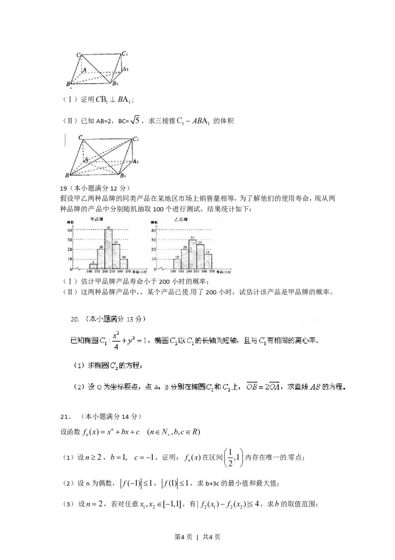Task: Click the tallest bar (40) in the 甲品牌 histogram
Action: [109, 250]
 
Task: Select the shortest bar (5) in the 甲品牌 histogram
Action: [93, 266]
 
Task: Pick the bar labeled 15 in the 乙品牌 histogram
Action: [208, 261]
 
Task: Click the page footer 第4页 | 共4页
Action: [197, 537]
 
